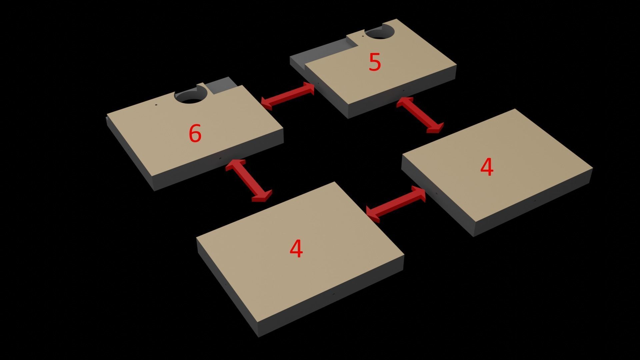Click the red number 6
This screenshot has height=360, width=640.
tap(195, 133)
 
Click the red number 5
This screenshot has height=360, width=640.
tap(375, 62)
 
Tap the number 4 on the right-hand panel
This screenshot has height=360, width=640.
tap(487, 167)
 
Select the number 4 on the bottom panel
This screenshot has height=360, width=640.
tap(296, 249)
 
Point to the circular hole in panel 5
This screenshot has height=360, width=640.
tap(380, 33)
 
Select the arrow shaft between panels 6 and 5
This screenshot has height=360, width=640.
tap(287, 95)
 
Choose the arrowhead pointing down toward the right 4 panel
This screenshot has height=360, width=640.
tap(435, 128)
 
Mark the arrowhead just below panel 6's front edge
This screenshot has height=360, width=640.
tap(235, 164)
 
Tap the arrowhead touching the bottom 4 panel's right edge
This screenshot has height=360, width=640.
tap(373, 214)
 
